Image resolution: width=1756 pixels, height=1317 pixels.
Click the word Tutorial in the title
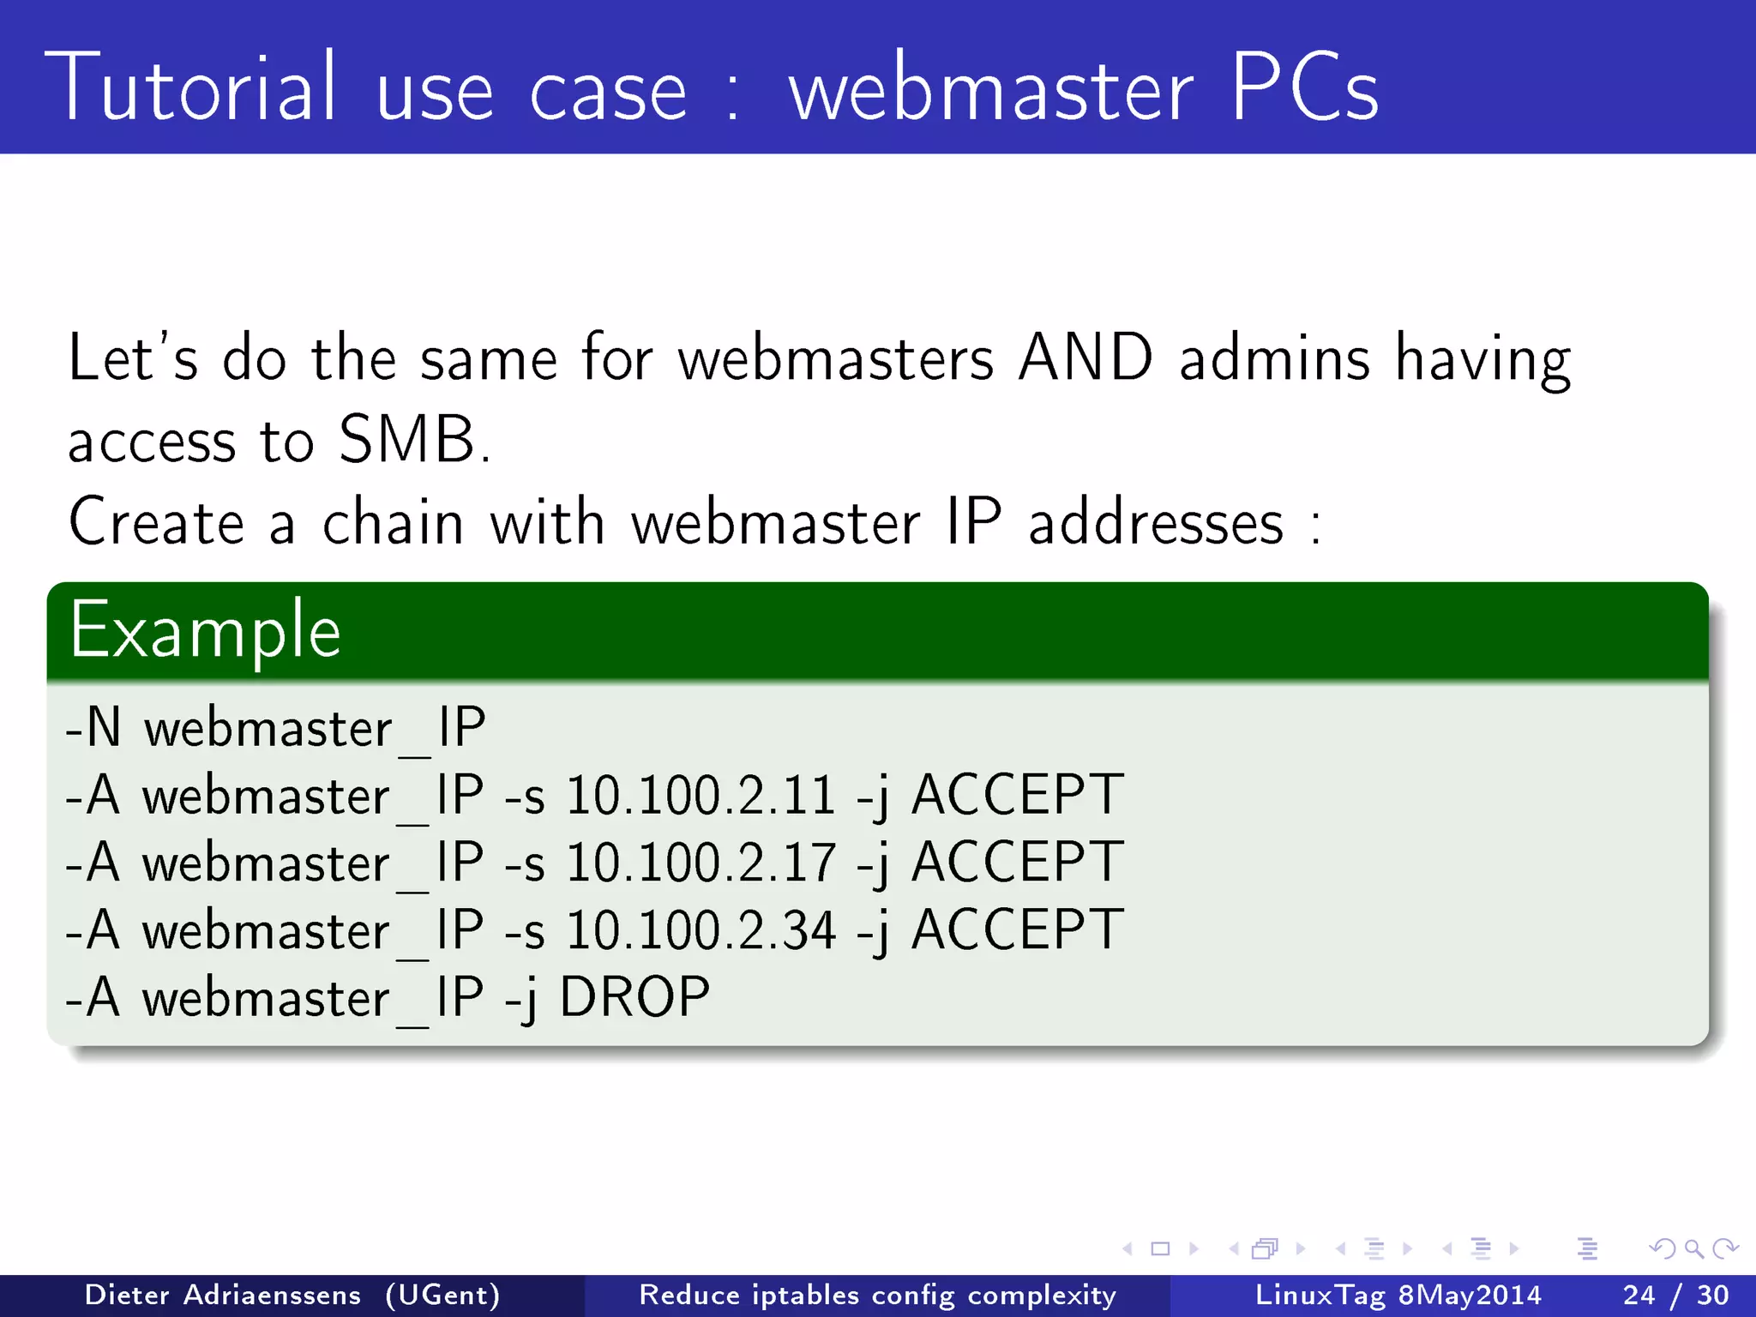click(190, 87)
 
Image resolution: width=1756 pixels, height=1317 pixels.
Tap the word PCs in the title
click(1304, 87)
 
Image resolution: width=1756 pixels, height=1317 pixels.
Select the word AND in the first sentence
click(1085, 358)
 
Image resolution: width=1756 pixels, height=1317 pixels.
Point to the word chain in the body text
click(393, 523)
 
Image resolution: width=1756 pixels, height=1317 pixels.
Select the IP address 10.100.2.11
click(700, 796)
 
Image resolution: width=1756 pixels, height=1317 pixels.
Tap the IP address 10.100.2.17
click(700, 863)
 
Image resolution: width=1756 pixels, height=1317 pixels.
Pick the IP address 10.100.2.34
click(700, 930)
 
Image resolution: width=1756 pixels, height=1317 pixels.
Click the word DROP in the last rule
click(634, 998)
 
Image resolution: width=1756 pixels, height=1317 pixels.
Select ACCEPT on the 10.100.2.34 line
click(1017, 930)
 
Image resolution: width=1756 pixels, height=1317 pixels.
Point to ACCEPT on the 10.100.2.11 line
click(1017, 796)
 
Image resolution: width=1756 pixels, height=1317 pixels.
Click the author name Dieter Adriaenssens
click(223, 1295)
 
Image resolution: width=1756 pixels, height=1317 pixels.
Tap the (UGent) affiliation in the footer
click(442, 1295)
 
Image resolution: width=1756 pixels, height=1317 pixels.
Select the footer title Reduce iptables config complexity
click(878, 1295)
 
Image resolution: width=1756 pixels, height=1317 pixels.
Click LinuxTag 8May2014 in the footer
click(1398, 1295)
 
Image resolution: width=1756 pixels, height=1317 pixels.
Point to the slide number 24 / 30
click(1675, 1295)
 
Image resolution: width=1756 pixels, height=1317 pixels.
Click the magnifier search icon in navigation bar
click(1693, 1249)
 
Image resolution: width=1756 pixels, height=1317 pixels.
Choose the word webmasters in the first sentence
click(836, 358)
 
